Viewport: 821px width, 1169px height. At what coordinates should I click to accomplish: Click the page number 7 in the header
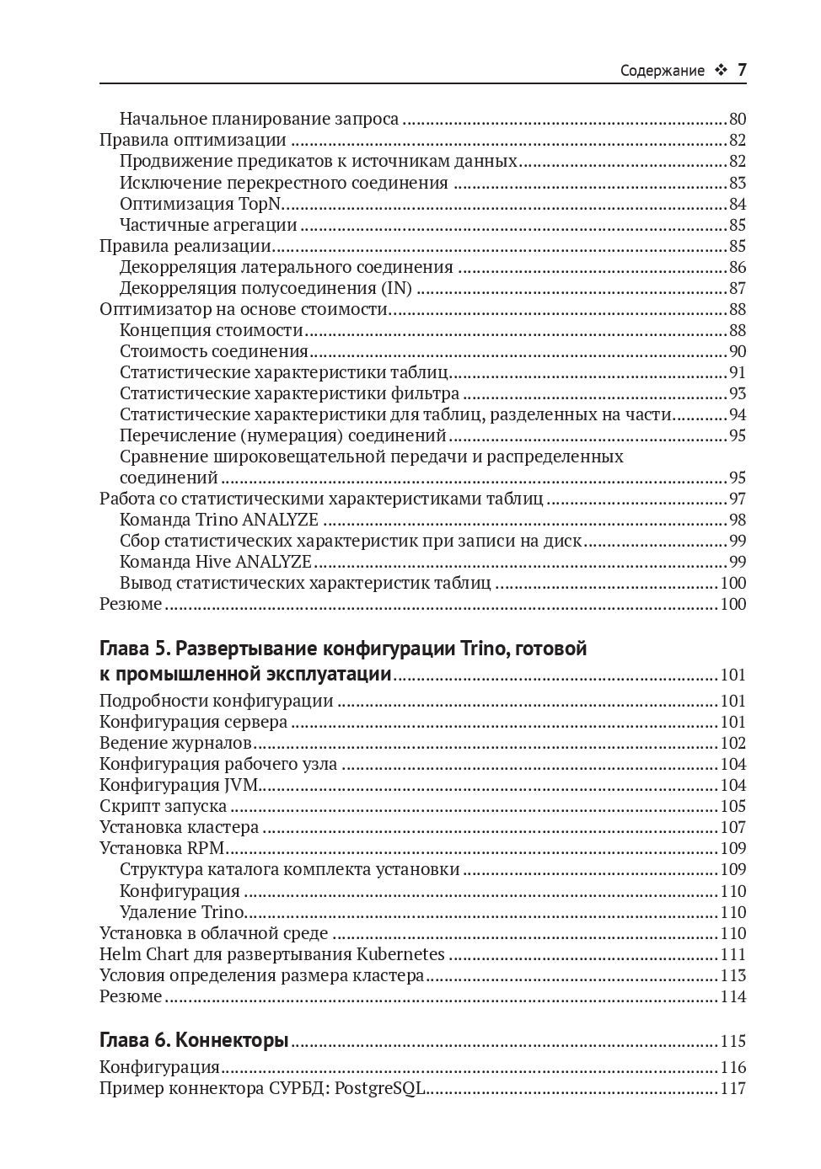(x=742, y=71)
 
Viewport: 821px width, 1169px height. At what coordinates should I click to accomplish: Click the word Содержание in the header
(x=662, y=71)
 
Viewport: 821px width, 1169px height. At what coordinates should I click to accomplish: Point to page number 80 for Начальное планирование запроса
(x=737, y=119)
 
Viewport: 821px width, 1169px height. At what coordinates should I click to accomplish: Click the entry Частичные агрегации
(x=208, y=225)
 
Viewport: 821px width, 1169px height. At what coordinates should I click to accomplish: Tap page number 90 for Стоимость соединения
(x=737, y=351)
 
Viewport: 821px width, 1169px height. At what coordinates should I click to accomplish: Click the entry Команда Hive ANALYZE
(x=215, y=562)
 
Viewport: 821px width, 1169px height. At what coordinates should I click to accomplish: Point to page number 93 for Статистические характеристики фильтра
(x=737, y=393)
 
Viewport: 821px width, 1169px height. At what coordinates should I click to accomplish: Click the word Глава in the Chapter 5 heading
(x=125, y=649)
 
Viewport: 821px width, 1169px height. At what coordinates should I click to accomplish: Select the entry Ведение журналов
(x=175, y=743)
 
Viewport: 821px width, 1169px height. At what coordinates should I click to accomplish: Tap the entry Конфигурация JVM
(x=179, y=785)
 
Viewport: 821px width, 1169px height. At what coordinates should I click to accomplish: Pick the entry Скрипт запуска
(x=163, y=806)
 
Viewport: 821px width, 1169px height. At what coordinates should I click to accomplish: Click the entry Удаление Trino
(x=182, y=912)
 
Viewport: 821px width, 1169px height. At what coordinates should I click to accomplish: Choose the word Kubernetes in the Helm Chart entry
(x=400, y=954)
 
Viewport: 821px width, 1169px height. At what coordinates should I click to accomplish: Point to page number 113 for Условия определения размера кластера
(x=732, y=975)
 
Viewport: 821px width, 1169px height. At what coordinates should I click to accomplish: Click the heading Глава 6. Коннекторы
(x=194, y=1041)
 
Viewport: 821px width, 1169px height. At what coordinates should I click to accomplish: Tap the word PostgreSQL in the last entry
(x=379, y=1088)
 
